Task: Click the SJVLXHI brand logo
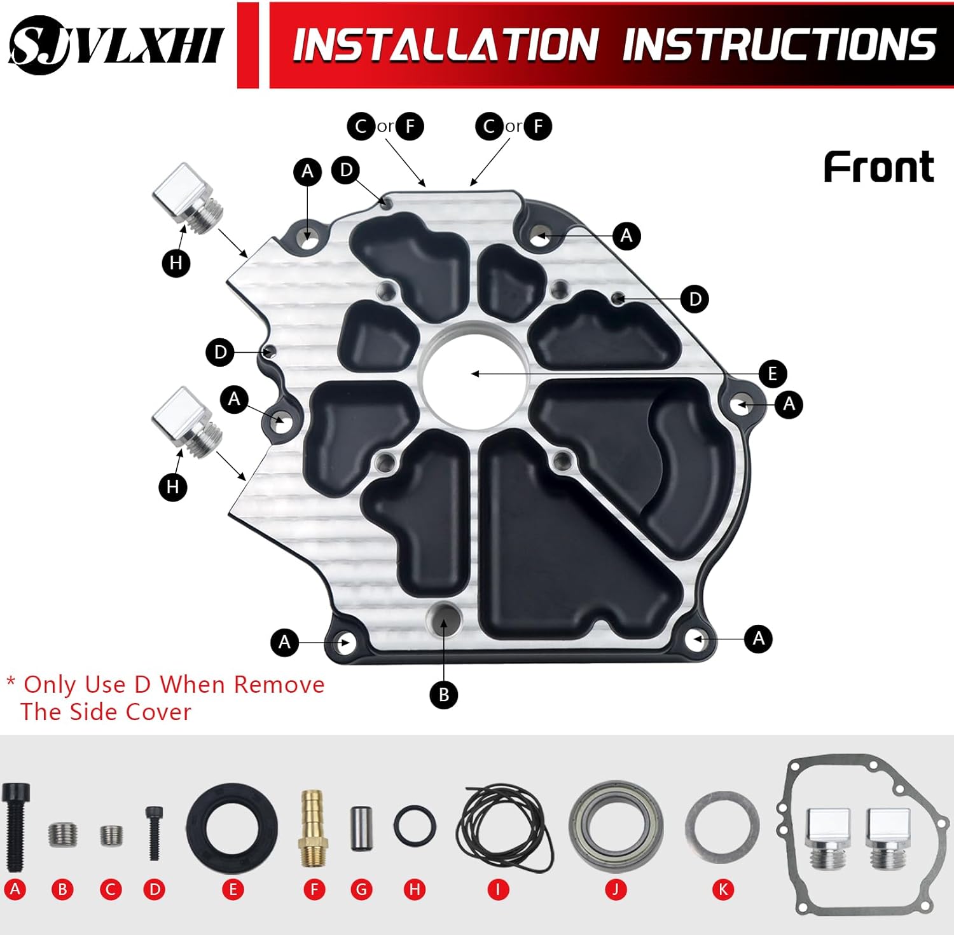pyautogui.click(x=116, y=44)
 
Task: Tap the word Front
pyautogui.click(x=878, y=167)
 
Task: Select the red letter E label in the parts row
pyautogui.click(x=233, y=889)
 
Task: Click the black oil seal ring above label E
pyautogui.click(x=232, y=828)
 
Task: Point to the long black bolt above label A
pyautogui.click(x=15, y=826)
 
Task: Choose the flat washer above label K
pyautogui.click(x=722, y=828)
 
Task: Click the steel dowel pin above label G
pyautogui.click(x=361, y=828)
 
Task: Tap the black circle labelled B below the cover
pyautogui.click(x=444, y=694)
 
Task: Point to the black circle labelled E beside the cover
pyautogui.click(x=772, y=373)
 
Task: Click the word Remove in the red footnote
pyautogui.click(x=279, y=685)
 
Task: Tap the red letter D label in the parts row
pyautogui.click(x=155, y=889)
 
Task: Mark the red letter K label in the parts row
pyautogui.click(x=722, y=889)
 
